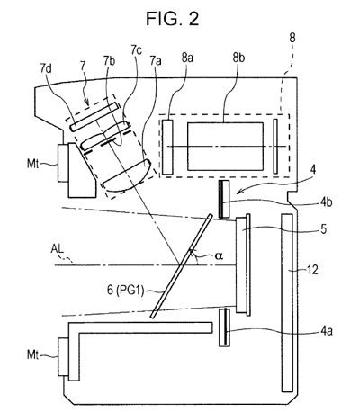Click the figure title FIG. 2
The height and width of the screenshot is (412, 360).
tap(172, 18)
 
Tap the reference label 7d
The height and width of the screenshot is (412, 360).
tap(46, 68)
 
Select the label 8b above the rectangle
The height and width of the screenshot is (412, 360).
tap(238, 58)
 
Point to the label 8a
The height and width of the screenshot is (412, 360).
tap(187, 58)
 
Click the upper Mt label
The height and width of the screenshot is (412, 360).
tap(33, 164)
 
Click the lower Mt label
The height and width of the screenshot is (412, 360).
tap(33, 355)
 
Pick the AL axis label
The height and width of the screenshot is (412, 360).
tap(58, 249)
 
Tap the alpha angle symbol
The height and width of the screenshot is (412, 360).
tap(219, 255)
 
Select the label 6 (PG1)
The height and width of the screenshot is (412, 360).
tap(125, 291)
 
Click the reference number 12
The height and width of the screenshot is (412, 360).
tap(312, 270)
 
